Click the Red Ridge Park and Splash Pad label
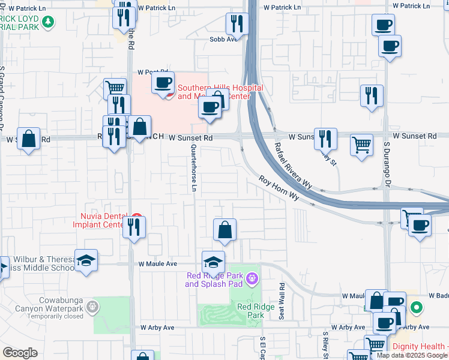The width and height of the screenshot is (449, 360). point(215,280)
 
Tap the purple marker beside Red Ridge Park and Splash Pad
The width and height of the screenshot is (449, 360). point(252,278)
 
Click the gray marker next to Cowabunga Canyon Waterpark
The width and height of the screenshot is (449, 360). point(92,307)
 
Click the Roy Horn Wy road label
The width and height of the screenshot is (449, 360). point(279,188)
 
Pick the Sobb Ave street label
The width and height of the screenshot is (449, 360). point(220,39)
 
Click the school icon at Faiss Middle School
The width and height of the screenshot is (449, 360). point(86,261)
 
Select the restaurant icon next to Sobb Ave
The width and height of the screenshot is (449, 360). point(237,24)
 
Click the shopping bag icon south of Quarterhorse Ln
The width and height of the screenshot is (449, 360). point(224,230)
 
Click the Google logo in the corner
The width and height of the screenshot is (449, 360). point(20,353)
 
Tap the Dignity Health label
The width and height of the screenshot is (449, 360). point(420,346)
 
